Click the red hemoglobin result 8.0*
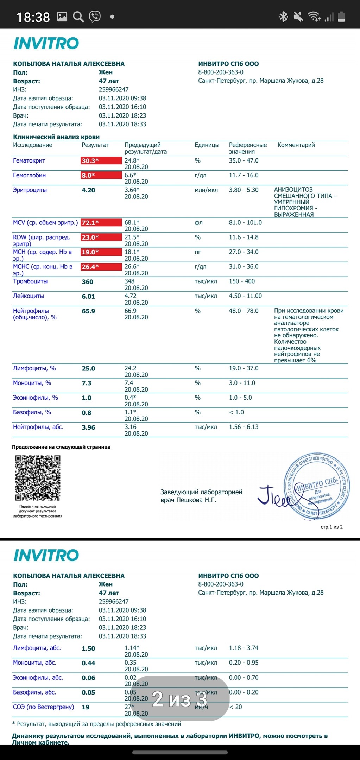click(101, 176)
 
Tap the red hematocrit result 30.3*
click(101, 161)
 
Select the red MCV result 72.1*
click(101, 223)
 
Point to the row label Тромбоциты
click(30, 281)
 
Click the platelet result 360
click(87, 282)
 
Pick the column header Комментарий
click(296, 145)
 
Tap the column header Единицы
click(207, 145)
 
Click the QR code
click(38, 478)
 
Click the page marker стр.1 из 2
click(331, 527)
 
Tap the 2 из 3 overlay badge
click(180, 699)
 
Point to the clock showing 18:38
click(33, 17)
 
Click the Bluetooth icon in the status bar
click(283, 17)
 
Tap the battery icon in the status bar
click(341, 17)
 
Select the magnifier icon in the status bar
click(78, 17)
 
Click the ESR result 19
click(86, 707)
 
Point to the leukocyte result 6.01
click(88, 297)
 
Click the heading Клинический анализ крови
click(56, 137)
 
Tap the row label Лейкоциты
click(29, 296)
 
